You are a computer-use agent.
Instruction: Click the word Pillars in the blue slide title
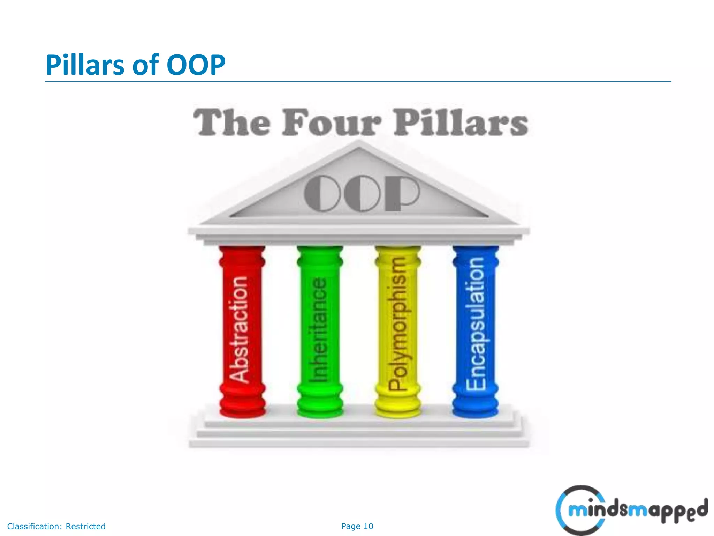point(85,65)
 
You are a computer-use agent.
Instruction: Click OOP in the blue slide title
point(196,65)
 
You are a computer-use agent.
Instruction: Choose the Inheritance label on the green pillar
point(319,330)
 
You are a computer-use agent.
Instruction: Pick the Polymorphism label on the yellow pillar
point(397,323)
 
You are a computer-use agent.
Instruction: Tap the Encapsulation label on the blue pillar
point(476,323)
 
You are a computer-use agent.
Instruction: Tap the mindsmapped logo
point(631,510)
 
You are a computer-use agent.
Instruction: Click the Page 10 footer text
point(357,526)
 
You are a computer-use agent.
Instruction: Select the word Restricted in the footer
point(86,526)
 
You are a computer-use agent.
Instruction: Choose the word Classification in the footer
point(34,526)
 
